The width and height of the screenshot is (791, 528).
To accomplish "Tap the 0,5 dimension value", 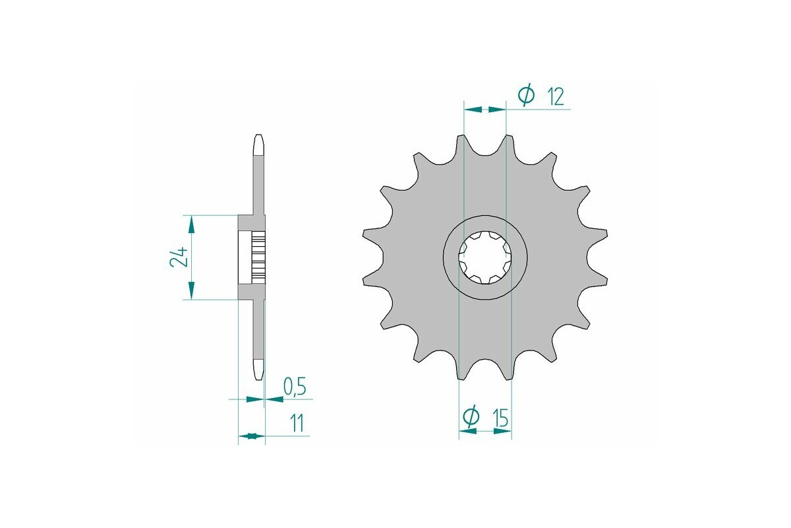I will tap(294, 386).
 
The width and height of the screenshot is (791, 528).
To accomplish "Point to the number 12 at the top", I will tap(555, 97).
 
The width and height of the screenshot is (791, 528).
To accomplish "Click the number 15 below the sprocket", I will tap(499, 417).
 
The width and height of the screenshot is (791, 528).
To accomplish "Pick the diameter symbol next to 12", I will tap(526, 96).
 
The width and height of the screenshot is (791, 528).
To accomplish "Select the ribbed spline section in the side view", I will tap(258, 257).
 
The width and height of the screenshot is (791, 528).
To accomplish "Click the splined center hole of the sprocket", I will tap(484, 257).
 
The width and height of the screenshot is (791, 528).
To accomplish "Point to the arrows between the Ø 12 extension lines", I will tap(484, 109).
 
